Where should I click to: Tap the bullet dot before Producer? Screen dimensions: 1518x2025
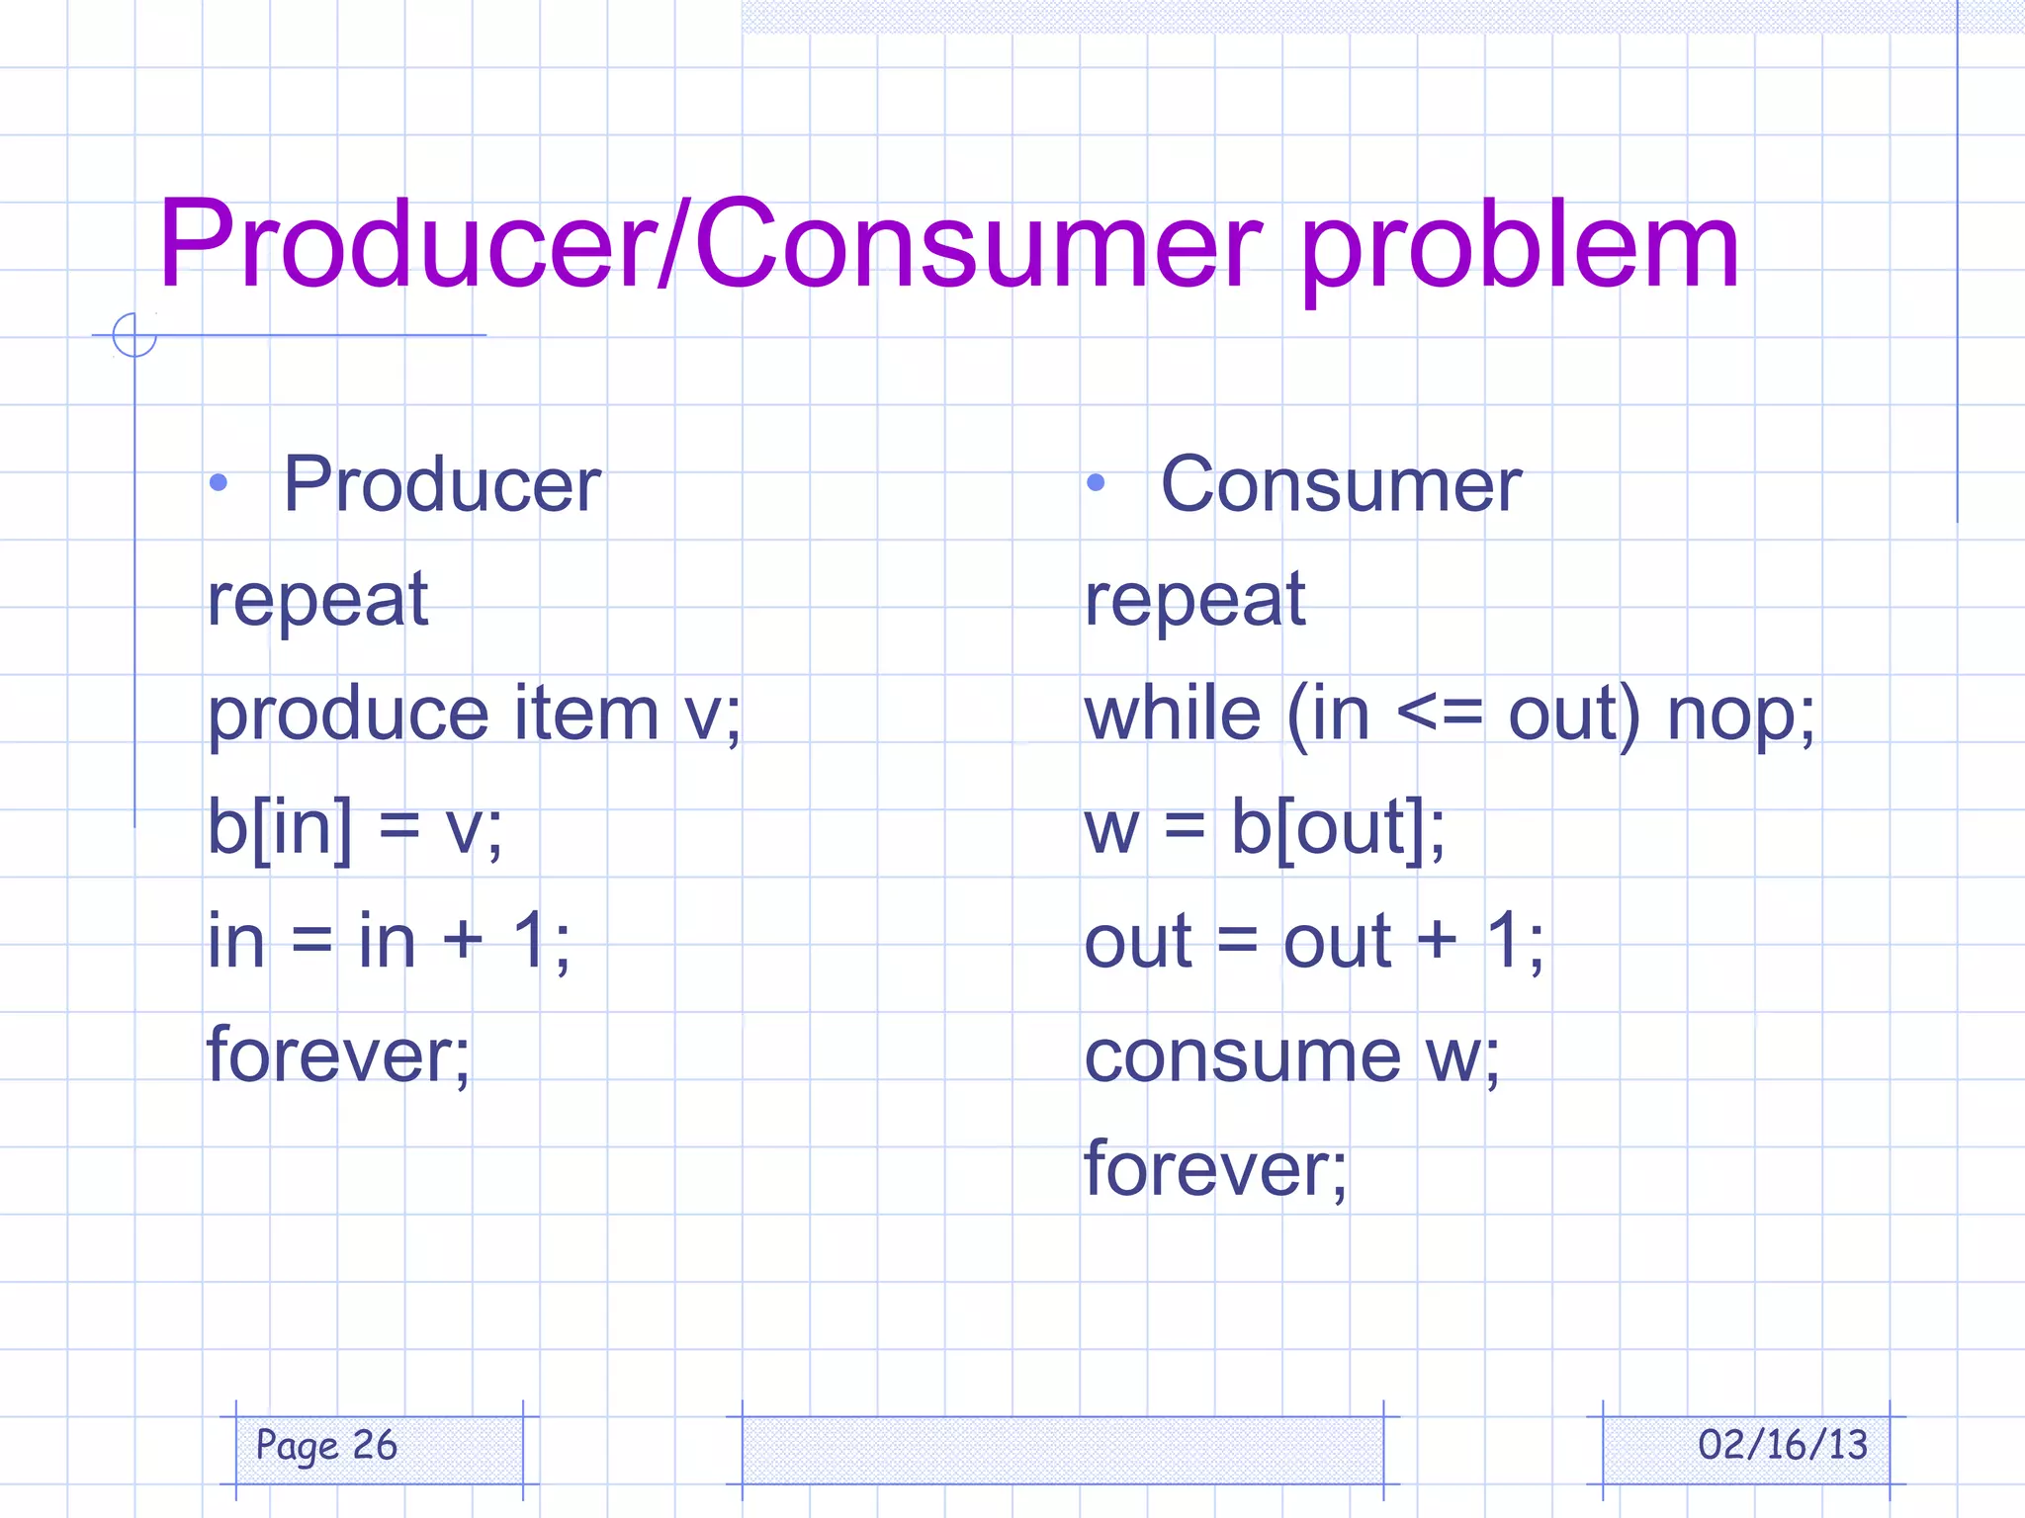(x=219, y=483)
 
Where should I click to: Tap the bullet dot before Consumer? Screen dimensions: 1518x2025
(x=1095, y=483)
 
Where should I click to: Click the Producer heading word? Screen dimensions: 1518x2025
(x=442, y=484)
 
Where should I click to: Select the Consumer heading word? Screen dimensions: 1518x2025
(x=1341, y=484)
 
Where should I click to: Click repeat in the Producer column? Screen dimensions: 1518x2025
(x=317, y=600)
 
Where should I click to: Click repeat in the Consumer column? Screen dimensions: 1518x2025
(x=1194, y=600)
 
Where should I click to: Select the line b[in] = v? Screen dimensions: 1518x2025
(x=354, y=828)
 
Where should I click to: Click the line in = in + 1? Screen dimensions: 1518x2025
(x=388, y=941)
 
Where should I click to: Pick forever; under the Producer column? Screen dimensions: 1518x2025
(x=338, y=1054)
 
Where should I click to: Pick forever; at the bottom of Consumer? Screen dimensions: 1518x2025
(x=1215, y=1169)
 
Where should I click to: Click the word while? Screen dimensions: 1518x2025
(x=1173, y=714)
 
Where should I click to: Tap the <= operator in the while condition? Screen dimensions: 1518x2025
(x=1440, y=714)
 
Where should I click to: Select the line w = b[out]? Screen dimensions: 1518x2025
(x=1265, y=828)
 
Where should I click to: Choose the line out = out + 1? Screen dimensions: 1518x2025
(x=1313, y=941)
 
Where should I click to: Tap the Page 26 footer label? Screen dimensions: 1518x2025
(x=326, y=1446)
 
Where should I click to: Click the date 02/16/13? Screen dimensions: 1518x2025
(x=1782, y=1446)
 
